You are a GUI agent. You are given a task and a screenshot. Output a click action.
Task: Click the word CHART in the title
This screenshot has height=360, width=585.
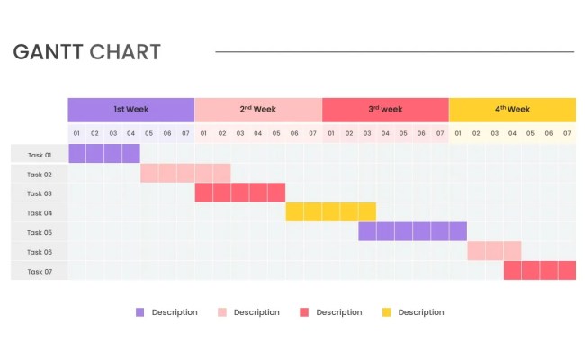[x=125, y=52]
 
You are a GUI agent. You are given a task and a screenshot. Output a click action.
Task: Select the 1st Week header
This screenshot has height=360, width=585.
[x=130, y=110]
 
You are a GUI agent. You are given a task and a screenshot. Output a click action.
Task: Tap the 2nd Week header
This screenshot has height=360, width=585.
[x=257, y=110]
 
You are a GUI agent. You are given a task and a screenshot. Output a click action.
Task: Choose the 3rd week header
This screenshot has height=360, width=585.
[x=385, y=110]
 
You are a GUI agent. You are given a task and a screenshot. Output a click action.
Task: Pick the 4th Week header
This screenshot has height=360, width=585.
[x=512, y=110]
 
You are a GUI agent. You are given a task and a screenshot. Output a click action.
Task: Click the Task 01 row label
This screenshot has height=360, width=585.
[x=39, y=155]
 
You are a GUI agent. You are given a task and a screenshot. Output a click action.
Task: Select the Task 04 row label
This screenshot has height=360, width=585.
[x=39, y=213]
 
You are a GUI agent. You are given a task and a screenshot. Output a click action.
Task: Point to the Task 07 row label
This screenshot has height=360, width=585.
[x=39, y=271]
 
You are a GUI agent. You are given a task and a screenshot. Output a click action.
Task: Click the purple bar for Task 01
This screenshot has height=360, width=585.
[x=103, y=154]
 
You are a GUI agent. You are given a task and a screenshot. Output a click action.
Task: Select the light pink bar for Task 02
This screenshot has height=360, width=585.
[x=185, y=173]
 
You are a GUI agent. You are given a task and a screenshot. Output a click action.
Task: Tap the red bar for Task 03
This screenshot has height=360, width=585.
[x=239, y=193]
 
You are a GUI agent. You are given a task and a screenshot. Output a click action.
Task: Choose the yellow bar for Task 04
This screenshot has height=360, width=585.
[x=330, y=212]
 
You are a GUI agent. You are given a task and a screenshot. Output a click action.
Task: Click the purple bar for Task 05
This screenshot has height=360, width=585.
[x=412, y=231]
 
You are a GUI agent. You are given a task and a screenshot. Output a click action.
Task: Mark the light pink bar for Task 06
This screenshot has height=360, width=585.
[x=494, y=251]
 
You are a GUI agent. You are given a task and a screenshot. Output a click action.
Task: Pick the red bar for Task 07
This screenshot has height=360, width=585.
[x=539, y=271]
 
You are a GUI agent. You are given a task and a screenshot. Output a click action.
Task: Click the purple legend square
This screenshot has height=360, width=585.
[x=139, y=312]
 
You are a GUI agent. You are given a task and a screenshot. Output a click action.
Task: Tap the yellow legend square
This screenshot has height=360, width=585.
[x=386, y=312]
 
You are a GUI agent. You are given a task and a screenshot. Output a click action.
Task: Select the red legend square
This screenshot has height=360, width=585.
[x=304, y=312]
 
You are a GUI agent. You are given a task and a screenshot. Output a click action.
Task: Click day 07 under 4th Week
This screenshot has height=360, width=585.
[x=567, y=133]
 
